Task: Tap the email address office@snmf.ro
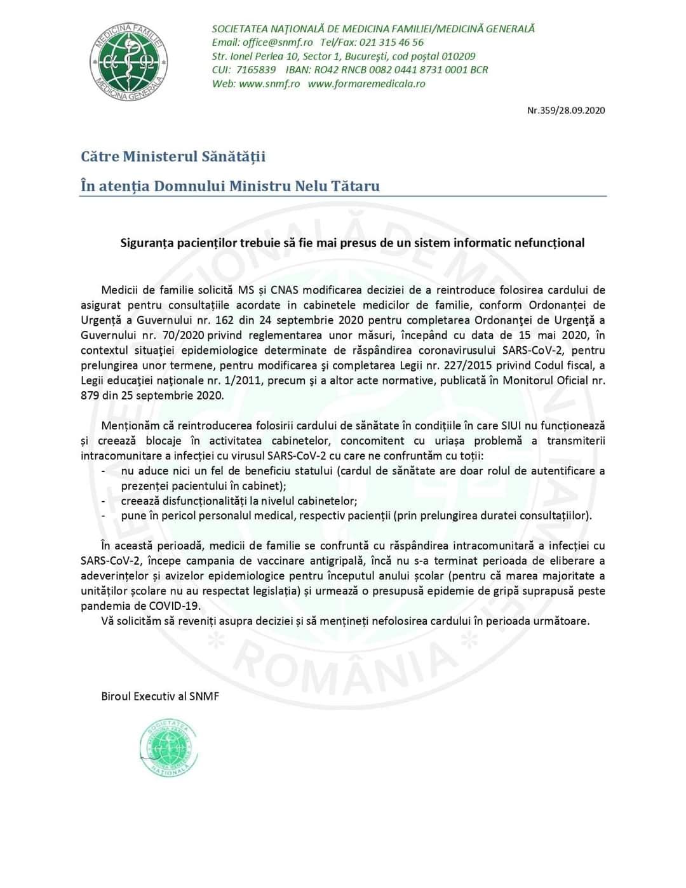278,43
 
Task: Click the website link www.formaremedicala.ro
367,84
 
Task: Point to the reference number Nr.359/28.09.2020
566,111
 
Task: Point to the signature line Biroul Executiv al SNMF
160,696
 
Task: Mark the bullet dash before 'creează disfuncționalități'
104,501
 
